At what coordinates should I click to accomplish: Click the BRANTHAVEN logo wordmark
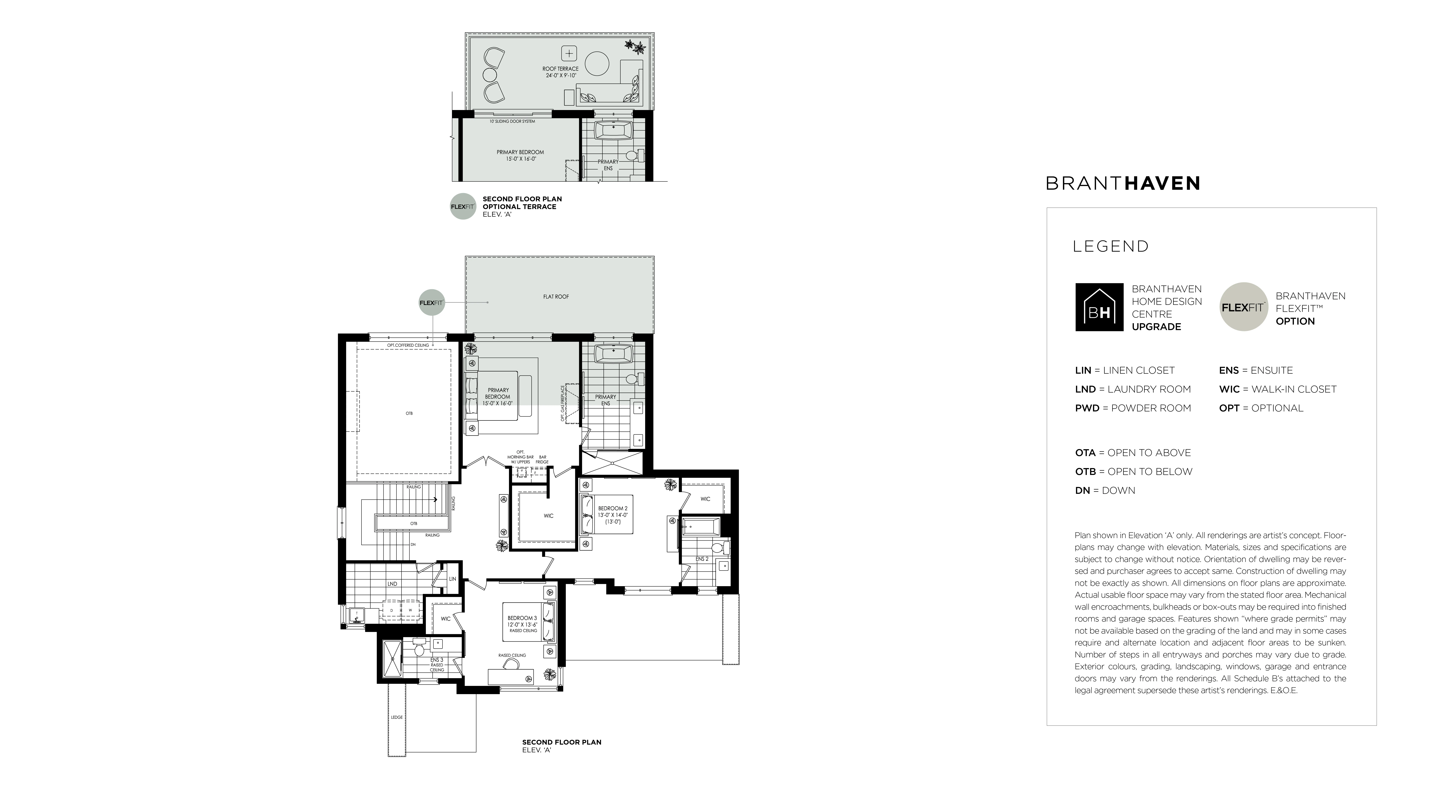[1123, 183]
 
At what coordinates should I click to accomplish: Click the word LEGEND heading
[1111, 246]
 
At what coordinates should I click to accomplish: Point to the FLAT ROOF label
[556, 297]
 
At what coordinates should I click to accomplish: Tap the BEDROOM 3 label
[522, 618]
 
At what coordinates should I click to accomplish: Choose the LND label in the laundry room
[392, 584]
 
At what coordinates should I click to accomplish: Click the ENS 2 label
[702, 559]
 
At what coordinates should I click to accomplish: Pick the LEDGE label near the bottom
[397, 717]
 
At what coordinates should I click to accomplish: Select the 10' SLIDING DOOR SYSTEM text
[512, 121]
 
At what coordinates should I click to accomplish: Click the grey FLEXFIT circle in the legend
[1244, 307]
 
